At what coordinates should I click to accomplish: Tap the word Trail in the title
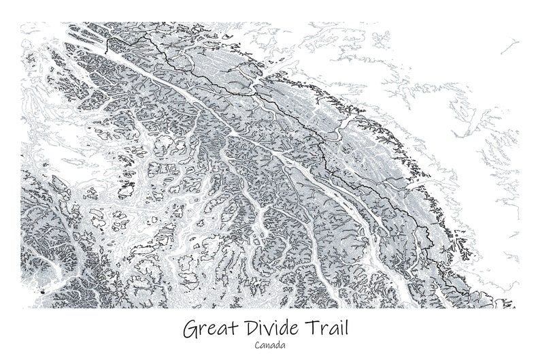(328, 329)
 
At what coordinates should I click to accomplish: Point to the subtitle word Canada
(270, 345)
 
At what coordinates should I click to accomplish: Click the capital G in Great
(189, 329)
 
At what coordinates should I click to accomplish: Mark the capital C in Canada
(259, 345)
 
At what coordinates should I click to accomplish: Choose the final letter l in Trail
(345, 328)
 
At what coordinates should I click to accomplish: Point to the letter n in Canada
(270, 346)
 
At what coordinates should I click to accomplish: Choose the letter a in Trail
(331, 331)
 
